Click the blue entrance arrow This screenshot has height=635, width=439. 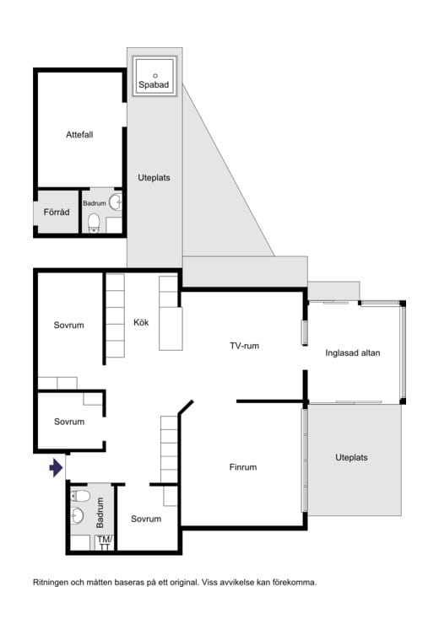point(56,468)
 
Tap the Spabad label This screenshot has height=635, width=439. point(154,84)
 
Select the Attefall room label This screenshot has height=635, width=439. point(79,134)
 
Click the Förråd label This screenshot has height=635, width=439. point(57,212)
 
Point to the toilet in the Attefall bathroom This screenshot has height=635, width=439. point(94,223)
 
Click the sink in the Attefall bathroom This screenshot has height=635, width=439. point(116,202)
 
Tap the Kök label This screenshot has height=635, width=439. point(141,322)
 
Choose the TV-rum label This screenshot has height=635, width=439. point(244,346)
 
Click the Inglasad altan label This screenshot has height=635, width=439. point(353,352)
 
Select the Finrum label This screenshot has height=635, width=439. point(243,467)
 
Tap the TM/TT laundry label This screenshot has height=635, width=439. point(104,543)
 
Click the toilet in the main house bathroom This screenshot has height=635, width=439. point(80,496)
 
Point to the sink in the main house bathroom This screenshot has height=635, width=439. point(77,515)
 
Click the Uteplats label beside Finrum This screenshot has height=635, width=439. point(351,458)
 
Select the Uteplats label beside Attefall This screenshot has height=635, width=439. point(154,177)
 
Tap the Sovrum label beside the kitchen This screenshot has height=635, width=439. point(69,325)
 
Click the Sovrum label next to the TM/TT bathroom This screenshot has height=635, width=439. point(146,519)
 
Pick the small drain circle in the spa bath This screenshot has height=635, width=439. point(154,76)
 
